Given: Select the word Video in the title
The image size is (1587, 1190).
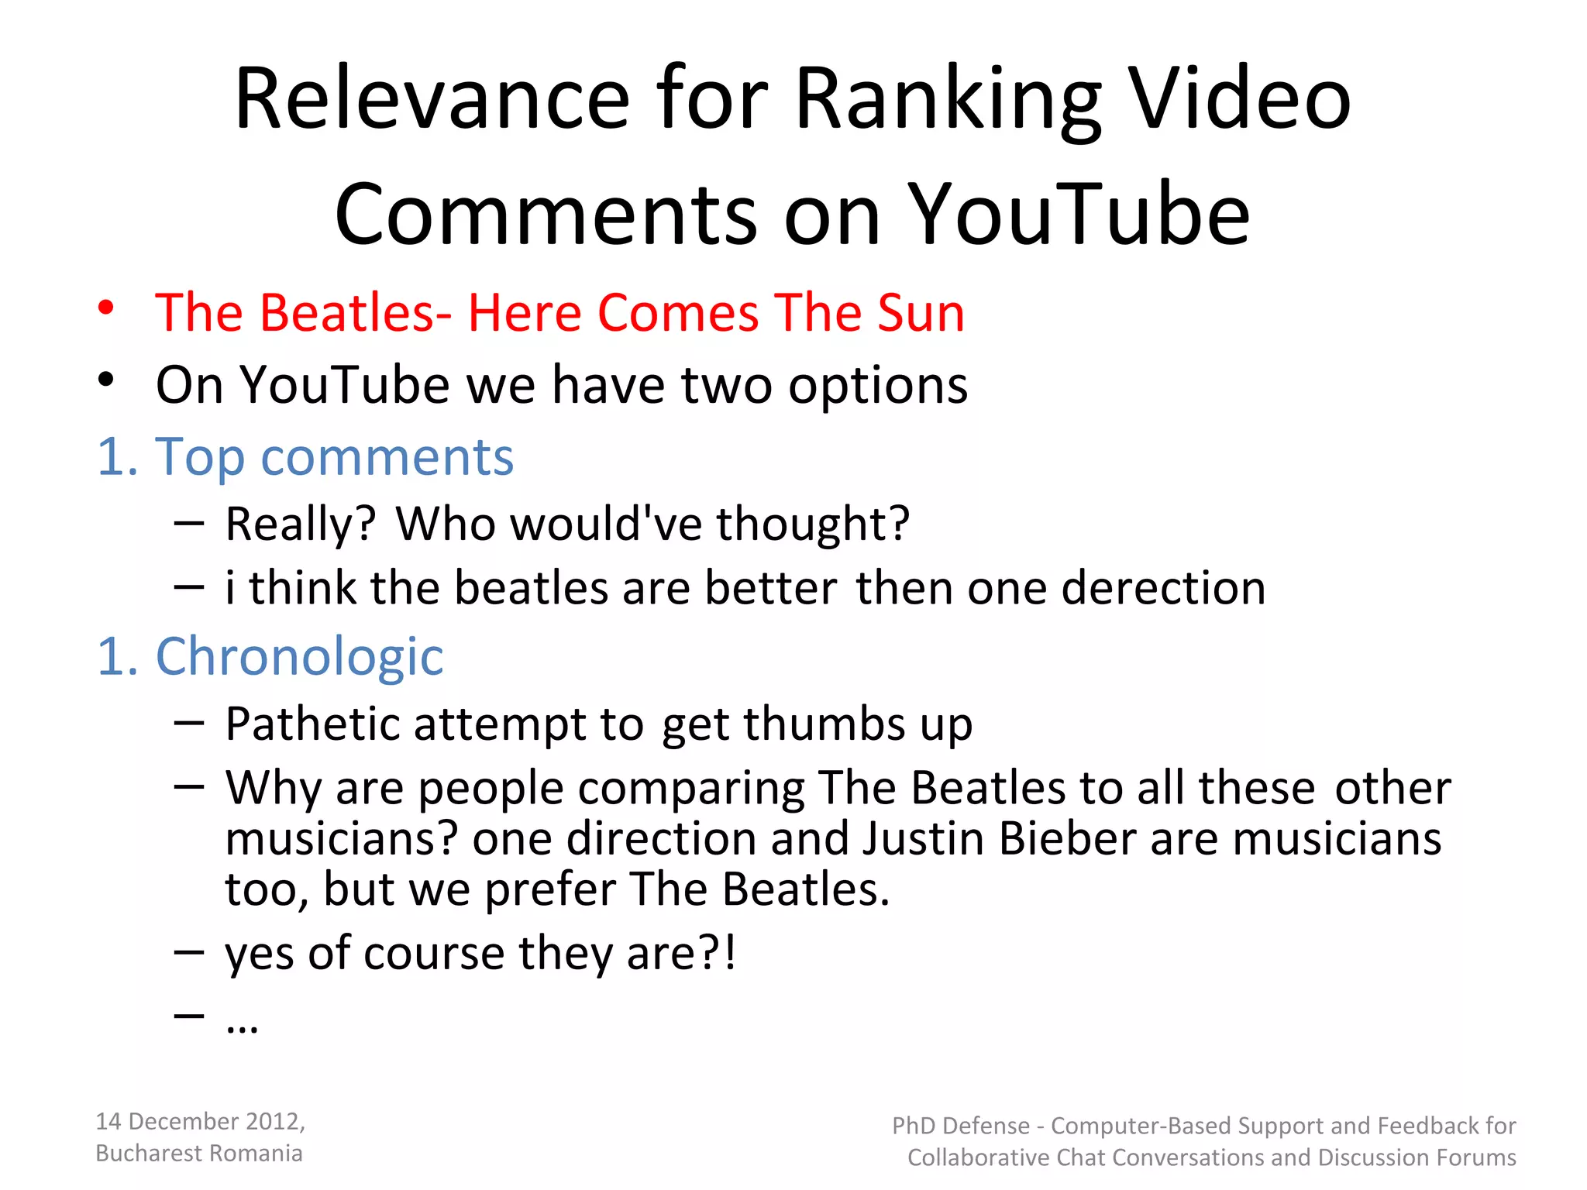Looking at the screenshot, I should pyautogui.click(x=1240, y=98).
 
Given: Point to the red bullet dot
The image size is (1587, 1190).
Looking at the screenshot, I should pyautogui.click(x=106, y=308).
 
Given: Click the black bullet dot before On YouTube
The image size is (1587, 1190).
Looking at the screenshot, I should pyautogui.click(x=106, y=380).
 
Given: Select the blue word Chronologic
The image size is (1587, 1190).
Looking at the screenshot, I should pyautogui.click(x=300, y=656).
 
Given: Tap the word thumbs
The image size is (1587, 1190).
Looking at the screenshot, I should pyautogui.click(x=824, y=724).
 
